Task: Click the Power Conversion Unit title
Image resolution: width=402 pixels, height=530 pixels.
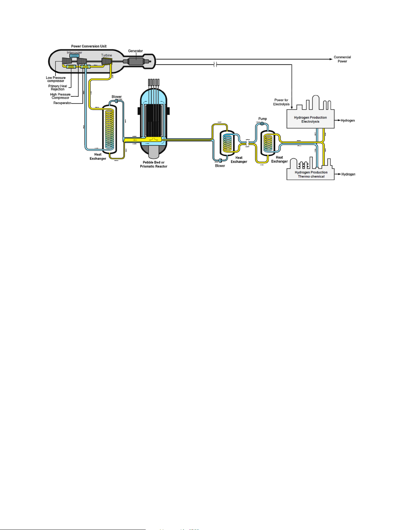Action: point(89,46)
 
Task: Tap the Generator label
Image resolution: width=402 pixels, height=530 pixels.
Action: point(135,51)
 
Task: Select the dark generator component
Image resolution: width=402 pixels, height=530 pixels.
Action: point(136,61)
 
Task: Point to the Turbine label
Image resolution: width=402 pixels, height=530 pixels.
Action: point(107,55)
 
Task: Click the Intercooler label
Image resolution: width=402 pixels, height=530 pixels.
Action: point(74,52)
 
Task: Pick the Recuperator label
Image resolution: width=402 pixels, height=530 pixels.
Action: point(62,103)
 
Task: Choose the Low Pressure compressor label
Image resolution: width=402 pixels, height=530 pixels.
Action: point(56,79)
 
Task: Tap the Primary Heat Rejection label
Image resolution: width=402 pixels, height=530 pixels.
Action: point(58,87)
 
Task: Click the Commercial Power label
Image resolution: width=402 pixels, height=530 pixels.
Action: point(342,59)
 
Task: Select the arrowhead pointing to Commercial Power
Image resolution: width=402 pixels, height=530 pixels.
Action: point(331,59)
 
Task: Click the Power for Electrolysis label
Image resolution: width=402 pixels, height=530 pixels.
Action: point(281,102)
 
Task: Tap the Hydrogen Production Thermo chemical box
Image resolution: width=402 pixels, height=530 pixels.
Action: point(311,174)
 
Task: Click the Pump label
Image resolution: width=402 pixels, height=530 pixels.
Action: point(262,119)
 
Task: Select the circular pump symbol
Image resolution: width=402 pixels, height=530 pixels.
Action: point(262,123)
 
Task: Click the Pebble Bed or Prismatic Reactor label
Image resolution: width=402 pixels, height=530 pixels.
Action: point(153,164)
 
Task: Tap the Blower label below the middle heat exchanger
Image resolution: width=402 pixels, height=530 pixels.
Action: point(220,166)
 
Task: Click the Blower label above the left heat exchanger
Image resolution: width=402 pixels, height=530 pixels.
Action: point(117,96)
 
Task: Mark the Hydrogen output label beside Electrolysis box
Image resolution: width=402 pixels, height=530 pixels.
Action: point(348,120)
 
